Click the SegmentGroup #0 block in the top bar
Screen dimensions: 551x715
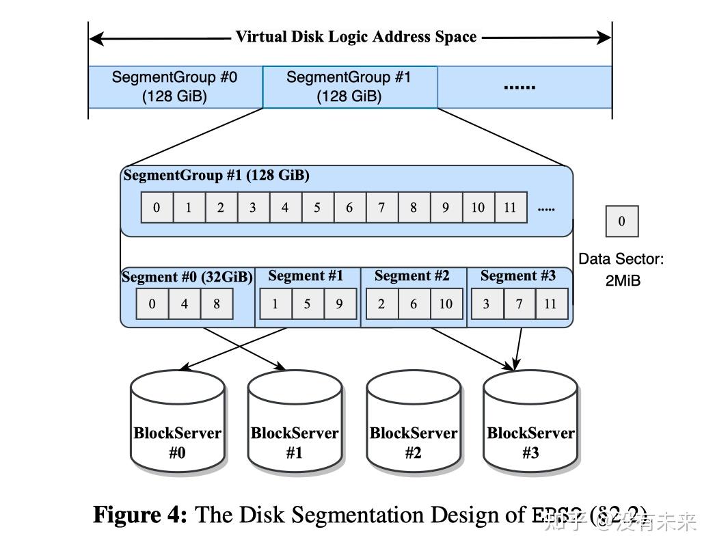pyautogui.click(x=174, y=87)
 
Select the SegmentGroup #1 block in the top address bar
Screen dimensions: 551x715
pyautogui.click(x=349, y=87)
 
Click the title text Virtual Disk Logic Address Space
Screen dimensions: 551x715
pyautogui.click(x=355, y=37)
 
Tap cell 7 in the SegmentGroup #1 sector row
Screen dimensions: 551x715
pyautogui.click(x=381, y=208)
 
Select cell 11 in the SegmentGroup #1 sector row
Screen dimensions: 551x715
pyautogui.click(x=510, y=208)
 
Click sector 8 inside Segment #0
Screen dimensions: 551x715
pyautogui.click(x=217, y=304)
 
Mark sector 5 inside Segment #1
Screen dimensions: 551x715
pyautogui.click(x=307, y=304)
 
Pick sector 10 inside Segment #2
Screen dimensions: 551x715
pyautogui.click(x=446, y=304)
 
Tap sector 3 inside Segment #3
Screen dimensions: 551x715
pyautogui.click(x=486, y=304)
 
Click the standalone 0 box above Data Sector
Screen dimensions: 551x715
pyautogui.click(x=621, y=221)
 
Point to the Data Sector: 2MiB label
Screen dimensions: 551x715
pyautogui.click(x=621, y=269)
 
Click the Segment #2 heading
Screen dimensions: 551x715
pyautogui.click(x=412, y=276)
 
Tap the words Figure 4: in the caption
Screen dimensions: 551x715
pyautogui.click(x=139, y=515)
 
